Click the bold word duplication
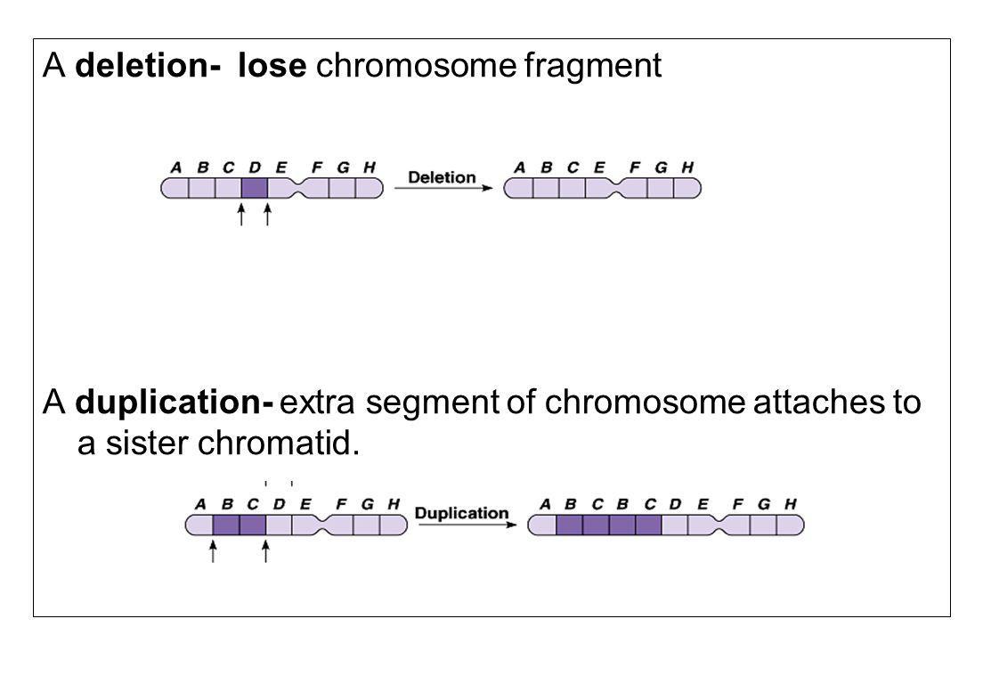[x=174, y=404]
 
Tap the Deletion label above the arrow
[x=442, y=176]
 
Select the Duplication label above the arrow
[x=461, y=514]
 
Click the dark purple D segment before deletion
[x=255, y=188]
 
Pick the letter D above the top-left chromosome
[x=255, y=167]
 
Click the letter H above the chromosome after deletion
[x=687, y=167]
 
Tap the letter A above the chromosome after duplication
[x=544, y=503]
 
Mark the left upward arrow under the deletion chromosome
[x=241, y=215]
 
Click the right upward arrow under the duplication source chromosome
[x=266, y=551]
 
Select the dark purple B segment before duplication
[x=226, y=525]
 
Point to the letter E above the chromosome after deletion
[x=598, y=167]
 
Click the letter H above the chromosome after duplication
[x=790, y=503]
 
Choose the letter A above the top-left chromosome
[x=176, y=167]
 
